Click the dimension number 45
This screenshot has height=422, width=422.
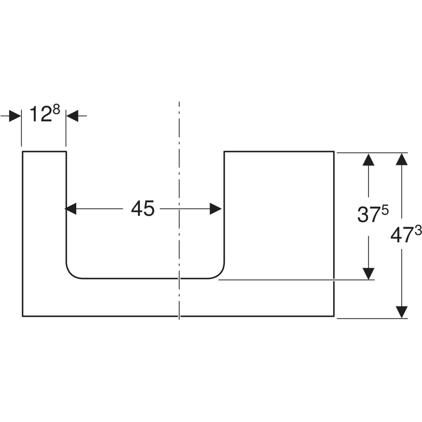pos(143,209)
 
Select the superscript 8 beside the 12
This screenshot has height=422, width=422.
pos(56,110)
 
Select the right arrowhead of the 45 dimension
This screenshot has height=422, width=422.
pos(216,209)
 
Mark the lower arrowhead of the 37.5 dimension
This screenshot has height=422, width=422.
pos(368,274)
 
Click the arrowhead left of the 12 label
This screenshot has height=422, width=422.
pos(15,116)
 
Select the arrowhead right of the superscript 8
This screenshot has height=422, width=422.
pos(72,116)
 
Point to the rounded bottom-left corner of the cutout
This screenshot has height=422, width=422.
pos(71,273)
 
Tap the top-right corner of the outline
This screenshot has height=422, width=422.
pos(333,152)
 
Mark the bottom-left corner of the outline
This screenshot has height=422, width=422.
pos(23,316)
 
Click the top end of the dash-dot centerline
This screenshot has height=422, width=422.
pos(179,103)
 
